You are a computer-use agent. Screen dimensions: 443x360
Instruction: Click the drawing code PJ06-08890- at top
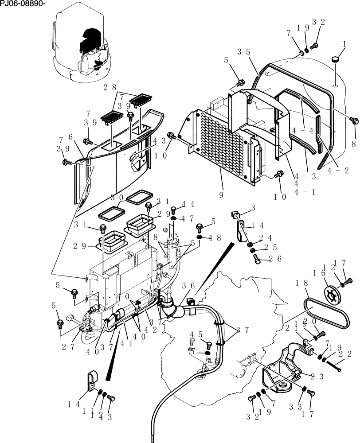(23, 4)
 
